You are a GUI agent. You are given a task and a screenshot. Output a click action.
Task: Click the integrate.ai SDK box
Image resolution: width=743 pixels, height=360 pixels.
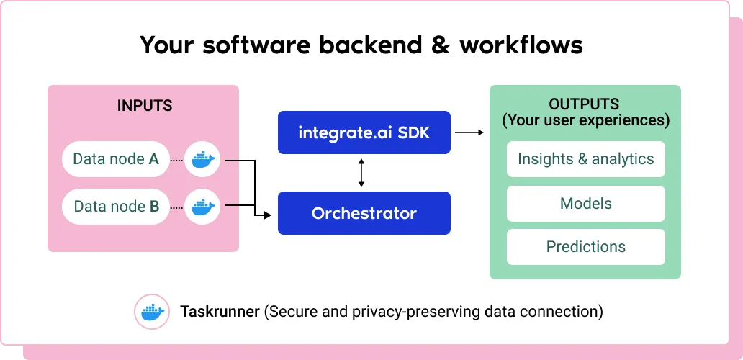click(364, 132)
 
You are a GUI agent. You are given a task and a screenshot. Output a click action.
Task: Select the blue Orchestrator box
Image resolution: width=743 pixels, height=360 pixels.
click(364, 213)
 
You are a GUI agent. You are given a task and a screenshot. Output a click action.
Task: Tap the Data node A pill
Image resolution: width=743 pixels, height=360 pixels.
click(116, 159)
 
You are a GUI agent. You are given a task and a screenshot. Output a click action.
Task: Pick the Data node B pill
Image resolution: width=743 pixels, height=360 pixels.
click(116, 207)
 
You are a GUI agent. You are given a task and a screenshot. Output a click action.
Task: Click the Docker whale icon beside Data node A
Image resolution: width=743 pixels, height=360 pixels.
click(203, 160)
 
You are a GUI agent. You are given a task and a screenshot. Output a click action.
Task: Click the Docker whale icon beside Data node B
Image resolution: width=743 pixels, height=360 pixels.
click(203, 207)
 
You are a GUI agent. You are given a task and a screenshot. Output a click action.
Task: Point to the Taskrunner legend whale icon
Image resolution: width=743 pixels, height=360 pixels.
click(152, 312)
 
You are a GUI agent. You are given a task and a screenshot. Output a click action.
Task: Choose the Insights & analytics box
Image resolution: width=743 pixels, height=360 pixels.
click(585, 158)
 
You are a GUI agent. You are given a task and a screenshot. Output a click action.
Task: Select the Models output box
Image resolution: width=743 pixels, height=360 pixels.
click(585, 204)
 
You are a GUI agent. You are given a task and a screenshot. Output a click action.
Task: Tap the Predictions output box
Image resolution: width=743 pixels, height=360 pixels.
click(585, 247)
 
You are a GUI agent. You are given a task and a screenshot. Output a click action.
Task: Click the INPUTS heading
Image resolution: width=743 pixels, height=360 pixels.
click(145, 106)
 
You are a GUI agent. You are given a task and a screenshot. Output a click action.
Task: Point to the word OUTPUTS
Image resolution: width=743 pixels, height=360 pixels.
click(585, 104)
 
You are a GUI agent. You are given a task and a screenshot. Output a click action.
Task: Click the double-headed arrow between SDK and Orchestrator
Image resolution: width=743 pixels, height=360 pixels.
click(361, 173)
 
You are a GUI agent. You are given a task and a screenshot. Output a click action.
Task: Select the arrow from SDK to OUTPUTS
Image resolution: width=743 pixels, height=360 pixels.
click(469, 132)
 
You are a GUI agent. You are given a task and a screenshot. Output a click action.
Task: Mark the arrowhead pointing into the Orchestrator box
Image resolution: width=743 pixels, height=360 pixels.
click(267, 215)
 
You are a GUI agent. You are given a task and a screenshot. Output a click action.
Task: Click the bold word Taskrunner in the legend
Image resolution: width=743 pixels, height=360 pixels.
click(220, 312)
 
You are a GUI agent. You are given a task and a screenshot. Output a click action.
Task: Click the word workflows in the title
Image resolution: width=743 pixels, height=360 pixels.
click(521, 45)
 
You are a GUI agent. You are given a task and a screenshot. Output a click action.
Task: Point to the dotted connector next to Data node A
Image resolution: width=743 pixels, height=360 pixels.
click(176, 161)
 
